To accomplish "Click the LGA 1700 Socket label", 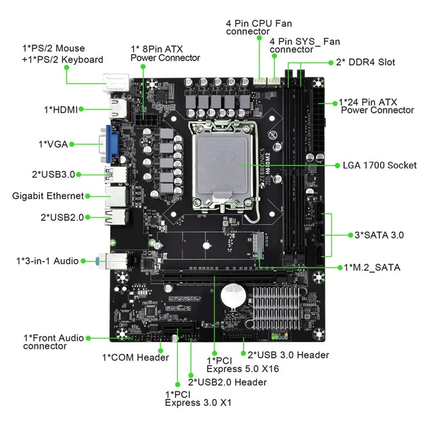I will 379,165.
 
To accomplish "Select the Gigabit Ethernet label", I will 48,196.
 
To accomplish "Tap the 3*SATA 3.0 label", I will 379,235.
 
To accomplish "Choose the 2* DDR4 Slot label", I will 366,62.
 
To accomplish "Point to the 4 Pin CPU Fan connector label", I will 259,27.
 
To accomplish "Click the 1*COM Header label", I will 135,357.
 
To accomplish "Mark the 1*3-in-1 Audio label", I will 48,261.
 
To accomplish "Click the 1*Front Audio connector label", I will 53,342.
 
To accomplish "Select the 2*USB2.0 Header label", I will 227,382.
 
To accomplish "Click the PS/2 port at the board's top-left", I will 116,83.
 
